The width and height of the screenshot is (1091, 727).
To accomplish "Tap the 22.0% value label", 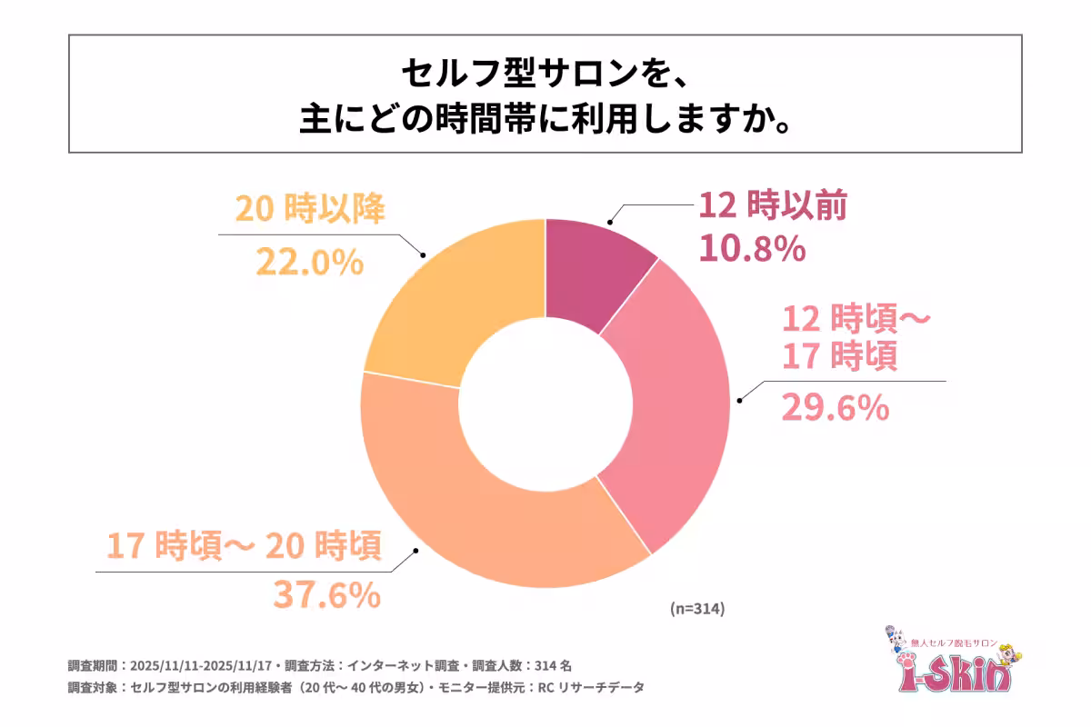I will click(309, 263).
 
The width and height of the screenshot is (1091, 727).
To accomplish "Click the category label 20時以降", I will click(311, 210).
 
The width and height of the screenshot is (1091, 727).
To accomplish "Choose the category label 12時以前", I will click(772, 208).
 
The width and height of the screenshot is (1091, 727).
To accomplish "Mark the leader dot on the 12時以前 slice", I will click(612, 222).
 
